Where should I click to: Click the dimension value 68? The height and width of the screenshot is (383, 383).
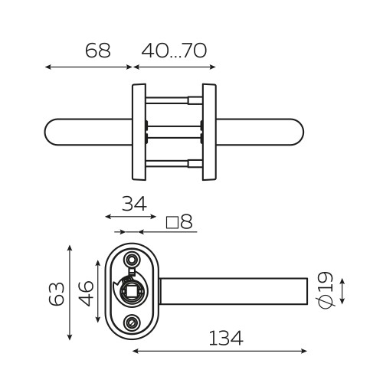97,51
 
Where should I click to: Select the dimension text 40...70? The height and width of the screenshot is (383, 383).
175,51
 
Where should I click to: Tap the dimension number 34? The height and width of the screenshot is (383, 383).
135,205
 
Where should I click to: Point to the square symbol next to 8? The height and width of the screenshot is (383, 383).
172,223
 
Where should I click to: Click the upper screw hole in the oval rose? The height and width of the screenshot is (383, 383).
133,259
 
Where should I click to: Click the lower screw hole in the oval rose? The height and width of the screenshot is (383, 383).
133,324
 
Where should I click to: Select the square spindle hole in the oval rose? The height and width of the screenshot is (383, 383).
133,292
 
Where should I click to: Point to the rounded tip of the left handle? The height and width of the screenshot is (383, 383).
52,132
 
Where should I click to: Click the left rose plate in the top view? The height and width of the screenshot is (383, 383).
139,132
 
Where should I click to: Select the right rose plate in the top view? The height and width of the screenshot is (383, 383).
209,132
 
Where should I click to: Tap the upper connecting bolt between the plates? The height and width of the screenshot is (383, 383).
175,99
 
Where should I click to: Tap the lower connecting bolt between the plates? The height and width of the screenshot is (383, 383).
175,163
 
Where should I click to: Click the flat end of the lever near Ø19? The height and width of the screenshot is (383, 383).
307,292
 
